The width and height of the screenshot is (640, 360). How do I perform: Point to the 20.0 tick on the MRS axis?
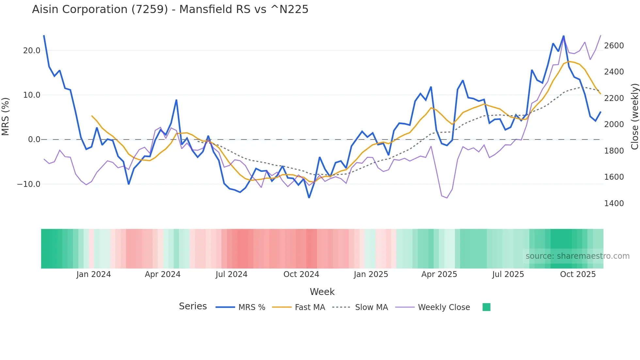32,51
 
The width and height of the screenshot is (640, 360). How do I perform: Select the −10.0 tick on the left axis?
29,184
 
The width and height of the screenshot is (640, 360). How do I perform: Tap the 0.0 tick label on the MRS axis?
34,140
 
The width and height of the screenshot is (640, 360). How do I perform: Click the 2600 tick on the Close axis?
614,46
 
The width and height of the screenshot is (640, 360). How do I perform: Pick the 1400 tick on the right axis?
614,204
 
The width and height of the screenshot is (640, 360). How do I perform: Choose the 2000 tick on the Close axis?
614,124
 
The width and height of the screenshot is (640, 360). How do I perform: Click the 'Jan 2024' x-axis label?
94,274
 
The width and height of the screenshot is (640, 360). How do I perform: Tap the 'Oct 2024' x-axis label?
301,274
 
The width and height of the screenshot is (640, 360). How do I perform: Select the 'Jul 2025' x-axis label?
508,274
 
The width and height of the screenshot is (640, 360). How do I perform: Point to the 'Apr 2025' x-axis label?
439,274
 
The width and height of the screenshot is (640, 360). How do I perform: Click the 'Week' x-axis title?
322,292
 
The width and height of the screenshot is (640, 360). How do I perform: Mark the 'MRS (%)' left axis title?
6,116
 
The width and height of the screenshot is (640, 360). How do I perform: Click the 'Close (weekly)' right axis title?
635,117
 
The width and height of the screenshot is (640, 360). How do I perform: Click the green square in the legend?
487,307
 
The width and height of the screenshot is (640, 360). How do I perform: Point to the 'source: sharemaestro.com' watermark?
577,256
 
